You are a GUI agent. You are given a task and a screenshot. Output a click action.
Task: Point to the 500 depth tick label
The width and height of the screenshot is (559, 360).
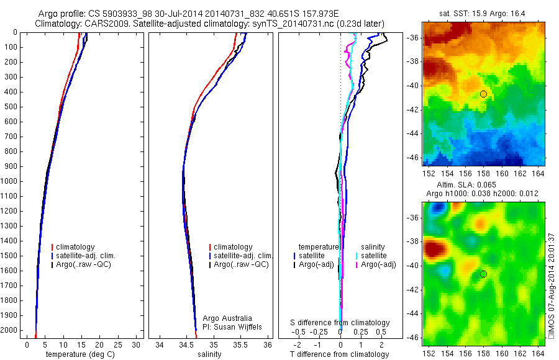[11, 107]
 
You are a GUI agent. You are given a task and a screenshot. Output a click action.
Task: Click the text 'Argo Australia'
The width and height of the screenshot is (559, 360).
[227, 318]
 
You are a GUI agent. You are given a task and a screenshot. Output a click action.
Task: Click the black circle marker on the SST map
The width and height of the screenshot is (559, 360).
[483, 94]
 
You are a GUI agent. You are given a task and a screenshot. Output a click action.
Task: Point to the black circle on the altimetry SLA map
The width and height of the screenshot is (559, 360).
[483, 274]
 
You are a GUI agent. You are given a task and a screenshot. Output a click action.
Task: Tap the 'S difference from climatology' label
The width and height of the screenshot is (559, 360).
[340, 323]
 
